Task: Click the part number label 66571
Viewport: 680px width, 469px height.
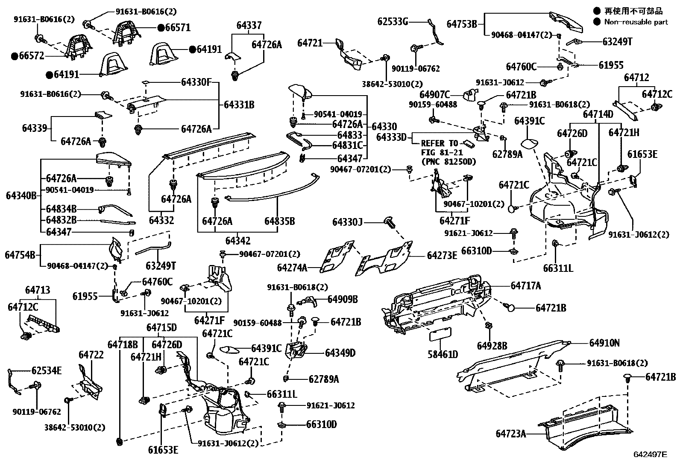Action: [178, 28]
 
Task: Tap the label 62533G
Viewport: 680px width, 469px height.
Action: [393, 21]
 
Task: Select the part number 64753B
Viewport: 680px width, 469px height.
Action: [462, 24]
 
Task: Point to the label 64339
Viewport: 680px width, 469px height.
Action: [34, 128]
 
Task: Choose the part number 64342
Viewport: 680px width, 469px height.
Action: [237, 241]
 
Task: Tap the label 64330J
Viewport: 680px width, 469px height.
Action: [348, 222]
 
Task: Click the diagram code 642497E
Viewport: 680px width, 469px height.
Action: [650, 454]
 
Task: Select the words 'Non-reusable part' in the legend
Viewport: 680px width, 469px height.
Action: [636, 22]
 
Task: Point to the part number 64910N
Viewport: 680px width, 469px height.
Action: [604, 343]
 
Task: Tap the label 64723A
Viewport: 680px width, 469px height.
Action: [511, 434]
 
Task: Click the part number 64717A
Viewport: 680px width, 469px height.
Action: [526, 285]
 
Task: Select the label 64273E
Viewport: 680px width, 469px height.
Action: [442, 256]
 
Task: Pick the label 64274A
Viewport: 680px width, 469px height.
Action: [292, 268]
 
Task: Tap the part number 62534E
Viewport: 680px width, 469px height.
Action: [47, 370]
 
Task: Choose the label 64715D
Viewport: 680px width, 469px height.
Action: [161, 328]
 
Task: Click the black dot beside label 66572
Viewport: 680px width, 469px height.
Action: [15, 56]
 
